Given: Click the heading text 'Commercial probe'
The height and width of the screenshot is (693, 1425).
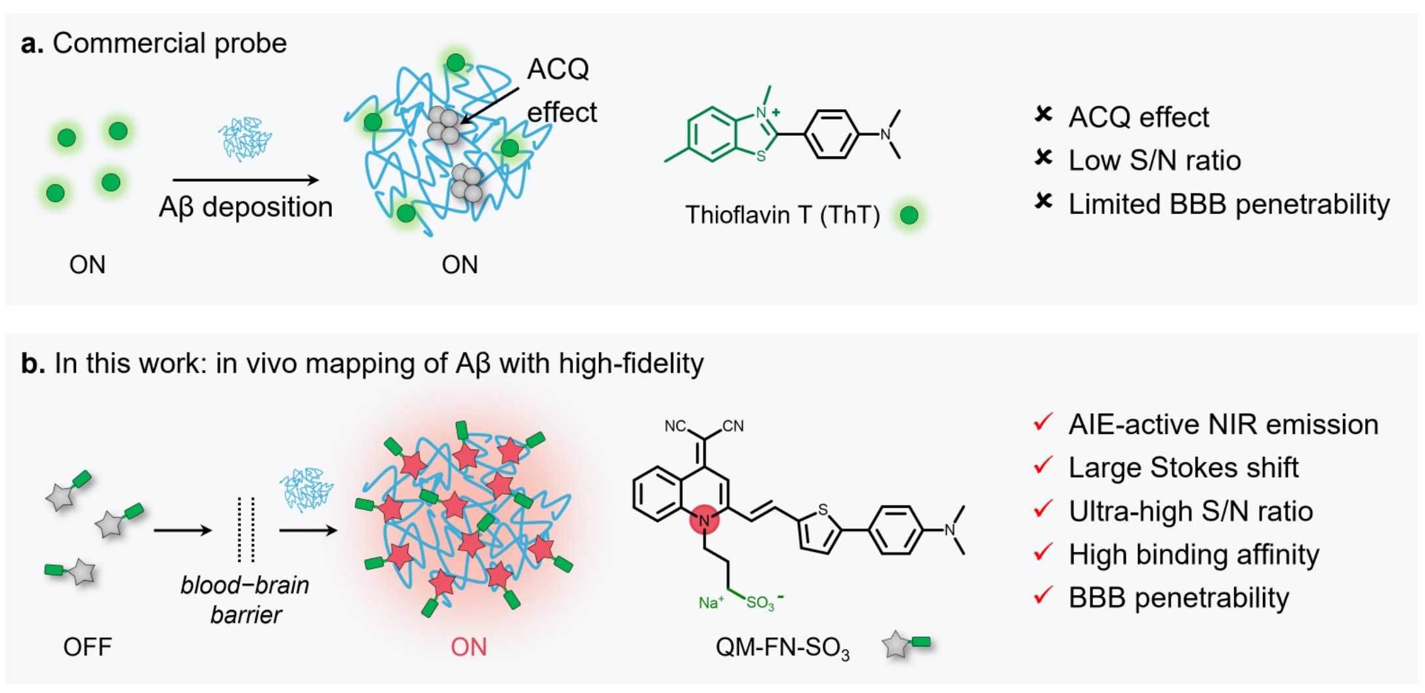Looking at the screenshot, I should tap(169, 44).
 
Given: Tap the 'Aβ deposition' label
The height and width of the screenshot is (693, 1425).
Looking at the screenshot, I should tap(245, 207).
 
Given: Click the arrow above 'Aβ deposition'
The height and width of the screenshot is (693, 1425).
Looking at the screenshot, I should tap(245, 179).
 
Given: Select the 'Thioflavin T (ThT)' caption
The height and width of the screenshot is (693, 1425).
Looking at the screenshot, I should tap(782, 215).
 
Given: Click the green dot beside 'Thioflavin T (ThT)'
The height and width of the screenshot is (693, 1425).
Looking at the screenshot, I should tap(909, 215).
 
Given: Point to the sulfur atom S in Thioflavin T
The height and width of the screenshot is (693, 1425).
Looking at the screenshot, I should tap(761, 156).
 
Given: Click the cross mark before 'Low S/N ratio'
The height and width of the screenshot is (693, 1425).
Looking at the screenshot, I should tap(1043, 158).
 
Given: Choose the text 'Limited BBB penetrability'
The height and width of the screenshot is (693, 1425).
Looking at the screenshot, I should tap(1228, 204).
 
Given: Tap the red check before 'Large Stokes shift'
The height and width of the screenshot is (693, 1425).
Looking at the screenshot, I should tap(1043, 465).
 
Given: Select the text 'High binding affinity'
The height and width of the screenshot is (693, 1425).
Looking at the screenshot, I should tap(1193, 555).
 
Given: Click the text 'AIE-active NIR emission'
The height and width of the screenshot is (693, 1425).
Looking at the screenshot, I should tap(1223, 425).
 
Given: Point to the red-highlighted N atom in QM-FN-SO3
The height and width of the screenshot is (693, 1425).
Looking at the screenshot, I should tap(705, 520).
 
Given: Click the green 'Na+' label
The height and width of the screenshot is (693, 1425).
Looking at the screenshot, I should tap(711, 602).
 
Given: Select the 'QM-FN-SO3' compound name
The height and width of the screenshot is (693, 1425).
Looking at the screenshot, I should tap(782, 648).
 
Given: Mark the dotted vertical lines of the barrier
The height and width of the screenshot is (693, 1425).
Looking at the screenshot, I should tap(246, 530).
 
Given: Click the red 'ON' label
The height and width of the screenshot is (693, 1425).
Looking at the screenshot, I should tap(468, 648).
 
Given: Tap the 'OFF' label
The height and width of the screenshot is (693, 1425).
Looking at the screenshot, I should tap(87, 648).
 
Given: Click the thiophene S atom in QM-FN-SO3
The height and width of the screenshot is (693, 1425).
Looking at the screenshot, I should tap(822, 510).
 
